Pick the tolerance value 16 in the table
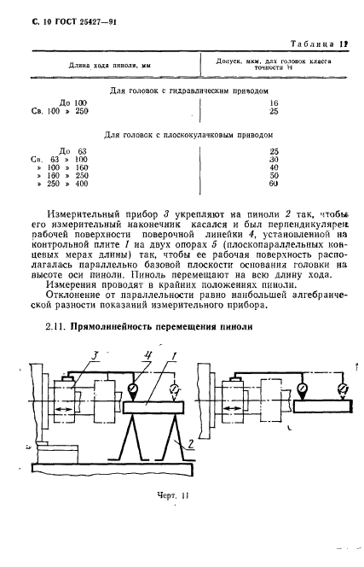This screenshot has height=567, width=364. tap(274, 102)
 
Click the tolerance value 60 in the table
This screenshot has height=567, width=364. tap(274, 184)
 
